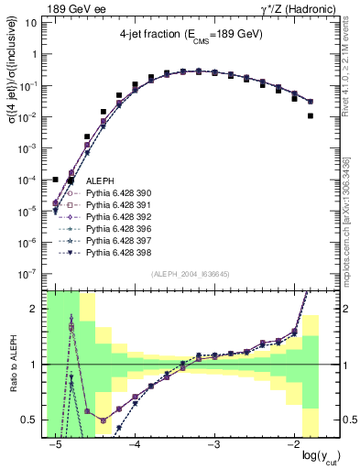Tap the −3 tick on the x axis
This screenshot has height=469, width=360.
click(x=214, y=445)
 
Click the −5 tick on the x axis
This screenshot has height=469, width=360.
click(x=56, y=445)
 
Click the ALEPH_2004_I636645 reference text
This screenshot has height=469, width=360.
click(x=183, y=275)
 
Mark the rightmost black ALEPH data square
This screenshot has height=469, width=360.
click(x=311, y=116)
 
